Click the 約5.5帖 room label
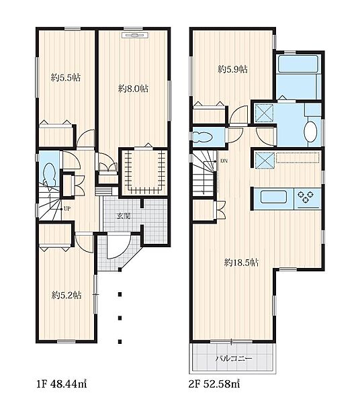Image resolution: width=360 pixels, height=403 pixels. click(66, 77)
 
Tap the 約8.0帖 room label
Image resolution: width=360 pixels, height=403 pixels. click(133, 89)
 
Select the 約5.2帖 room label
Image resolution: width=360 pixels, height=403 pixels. click(66, 295)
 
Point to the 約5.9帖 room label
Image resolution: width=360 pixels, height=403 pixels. click(233, 69)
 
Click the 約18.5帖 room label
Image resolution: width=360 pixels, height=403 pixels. click(241, 263)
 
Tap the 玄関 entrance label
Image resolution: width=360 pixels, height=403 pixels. click(124, 216)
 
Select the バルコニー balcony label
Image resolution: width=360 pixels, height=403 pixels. click(234, 358)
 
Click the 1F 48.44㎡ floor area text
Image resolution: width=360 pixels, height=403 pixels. click(61, 384)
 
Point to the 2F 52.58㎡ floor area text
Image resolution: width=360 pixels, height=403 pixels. click(214, 384)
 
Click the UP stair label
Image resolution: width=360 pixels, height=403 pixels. click(66, 209)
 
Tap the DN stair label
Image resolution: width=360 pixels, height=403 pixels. click(224, 161)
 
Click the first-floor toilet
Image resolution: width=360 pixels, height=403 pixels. click(50, 175)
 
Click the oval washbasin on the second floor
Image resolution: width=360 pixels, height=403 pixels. click(311, 131)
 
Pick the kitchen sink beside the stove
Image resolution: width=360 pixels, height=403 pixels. click(273, 197)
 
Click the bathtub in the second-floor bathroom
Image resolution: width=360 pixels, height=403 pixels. click(298, 64)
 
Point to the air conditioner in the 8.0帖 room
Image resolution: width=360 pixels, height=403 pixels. click(135, 35)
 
